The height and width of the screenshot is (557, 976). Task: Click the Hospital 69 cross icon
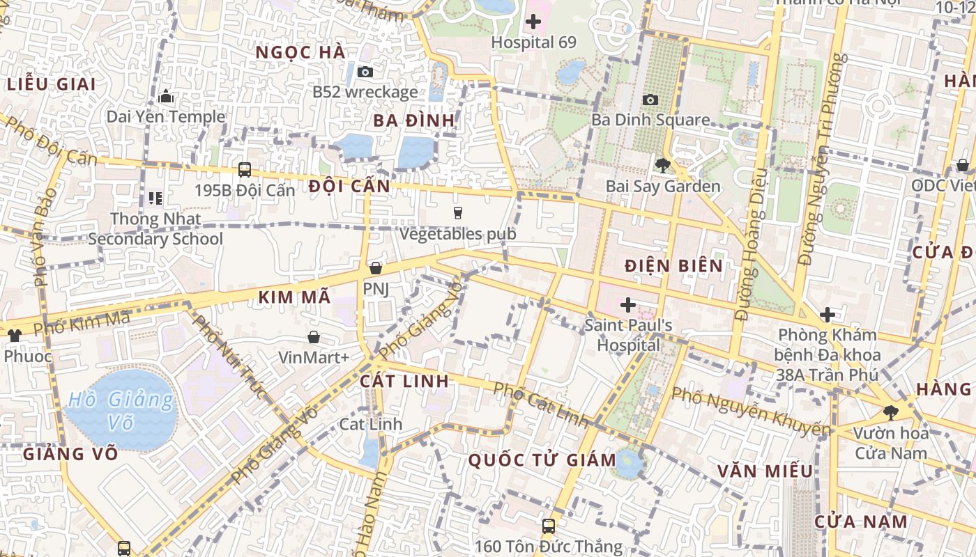pos(533,22)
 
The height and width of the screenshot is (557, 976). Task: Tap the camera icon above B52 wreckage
pos(365,72)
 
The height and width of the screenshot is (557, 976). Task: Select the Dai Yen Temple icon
pos(166,96)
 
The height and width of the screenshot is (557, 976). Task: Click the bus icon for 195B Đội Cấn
pos(245,169)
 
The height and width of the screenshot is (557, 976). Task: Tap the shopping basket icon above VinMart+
pos(314,337)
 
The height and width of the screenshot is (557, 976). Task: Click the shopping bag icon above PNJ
pos(376,268)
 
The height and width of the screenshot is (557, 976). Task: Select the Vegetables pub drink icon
pos(457,213)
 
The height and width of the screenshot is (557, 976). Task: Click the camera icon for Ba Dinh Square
pos(650,100)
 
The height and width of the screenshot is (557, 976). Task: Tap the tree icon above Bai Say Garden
pos(662,166)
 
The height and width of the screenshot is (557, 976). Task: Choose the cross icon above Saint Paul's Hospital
pos(628,304)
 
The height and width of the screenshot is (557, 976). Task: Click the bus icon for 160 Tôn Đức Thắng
pos(549,526)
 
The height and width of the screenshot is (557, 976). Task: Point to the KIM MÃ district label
pos(294,297)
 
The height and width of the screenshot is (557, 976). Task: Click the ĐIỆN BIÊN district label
pos(673,265)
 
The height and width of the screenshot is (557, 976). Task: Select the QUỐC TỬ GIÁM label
pos(542,460)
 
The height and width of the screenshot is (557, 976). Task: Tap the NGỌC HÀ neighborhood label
pos(300,52)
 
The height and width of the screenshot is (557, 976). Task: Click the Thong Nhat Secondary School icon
pos(155,198)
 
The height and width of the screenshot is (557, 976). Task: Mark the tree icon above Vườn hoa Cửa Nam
pos(891,412)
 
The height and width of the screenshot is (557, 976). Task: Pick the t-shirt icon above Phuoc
pos(14,335)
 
